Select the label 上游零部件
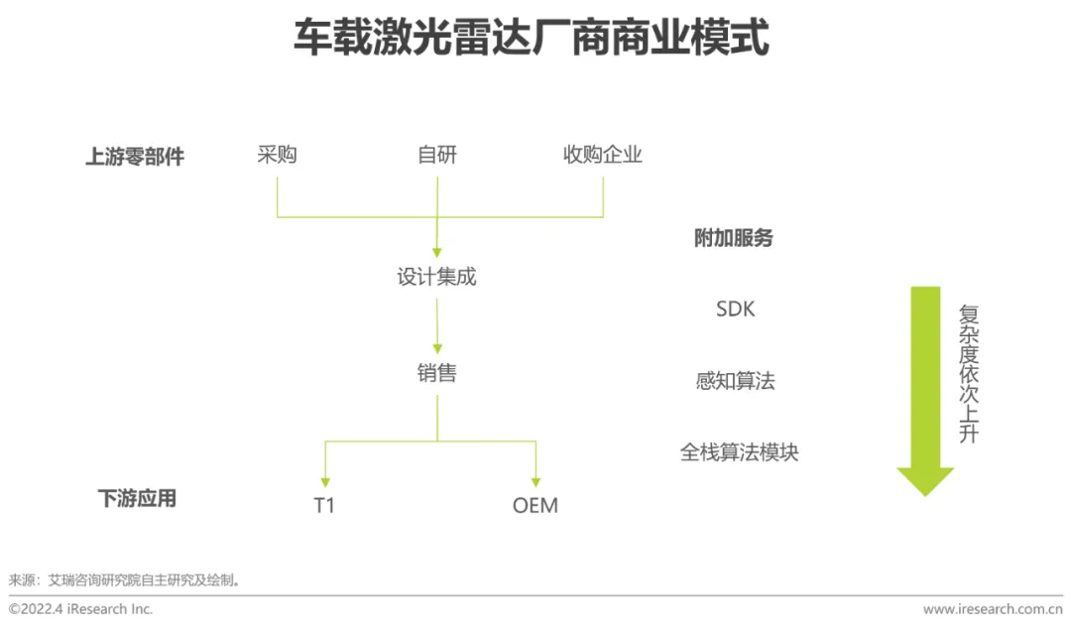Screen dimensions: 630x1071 click(x=135, y=157)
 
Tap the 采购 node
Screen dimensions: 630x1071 click(x=277, y=155)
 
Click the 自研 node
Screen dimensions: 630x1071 click(x=437, y=155)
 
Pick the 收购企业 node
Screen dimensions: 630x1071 click(x=603, y=155)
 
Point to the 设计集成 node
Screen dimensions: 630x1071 click(x=437, y=277)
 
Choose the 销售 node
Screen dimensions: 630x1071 click(x=437, y=373)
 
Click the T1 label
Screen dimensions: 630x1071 click(x=324, y=505)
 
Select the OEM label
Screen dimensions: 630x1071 click(x=535, y=505)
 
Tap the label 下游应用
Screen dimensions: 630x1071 click(x=137, y=498)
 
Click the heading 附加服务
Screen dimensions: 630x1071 click(x=734, y=238)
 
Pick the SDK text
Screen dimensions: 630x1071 click(x=735, y=310)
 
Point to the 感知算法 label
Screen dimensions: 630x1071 click(x=735, y=381)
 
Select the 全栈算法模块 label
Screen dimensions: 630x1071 click(x=739, y=452)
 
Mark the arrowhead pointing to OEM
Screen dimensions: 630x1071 click(x=536, y=480)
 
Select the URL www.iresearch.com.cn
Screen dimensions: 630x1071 click(x=992, y=609)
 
